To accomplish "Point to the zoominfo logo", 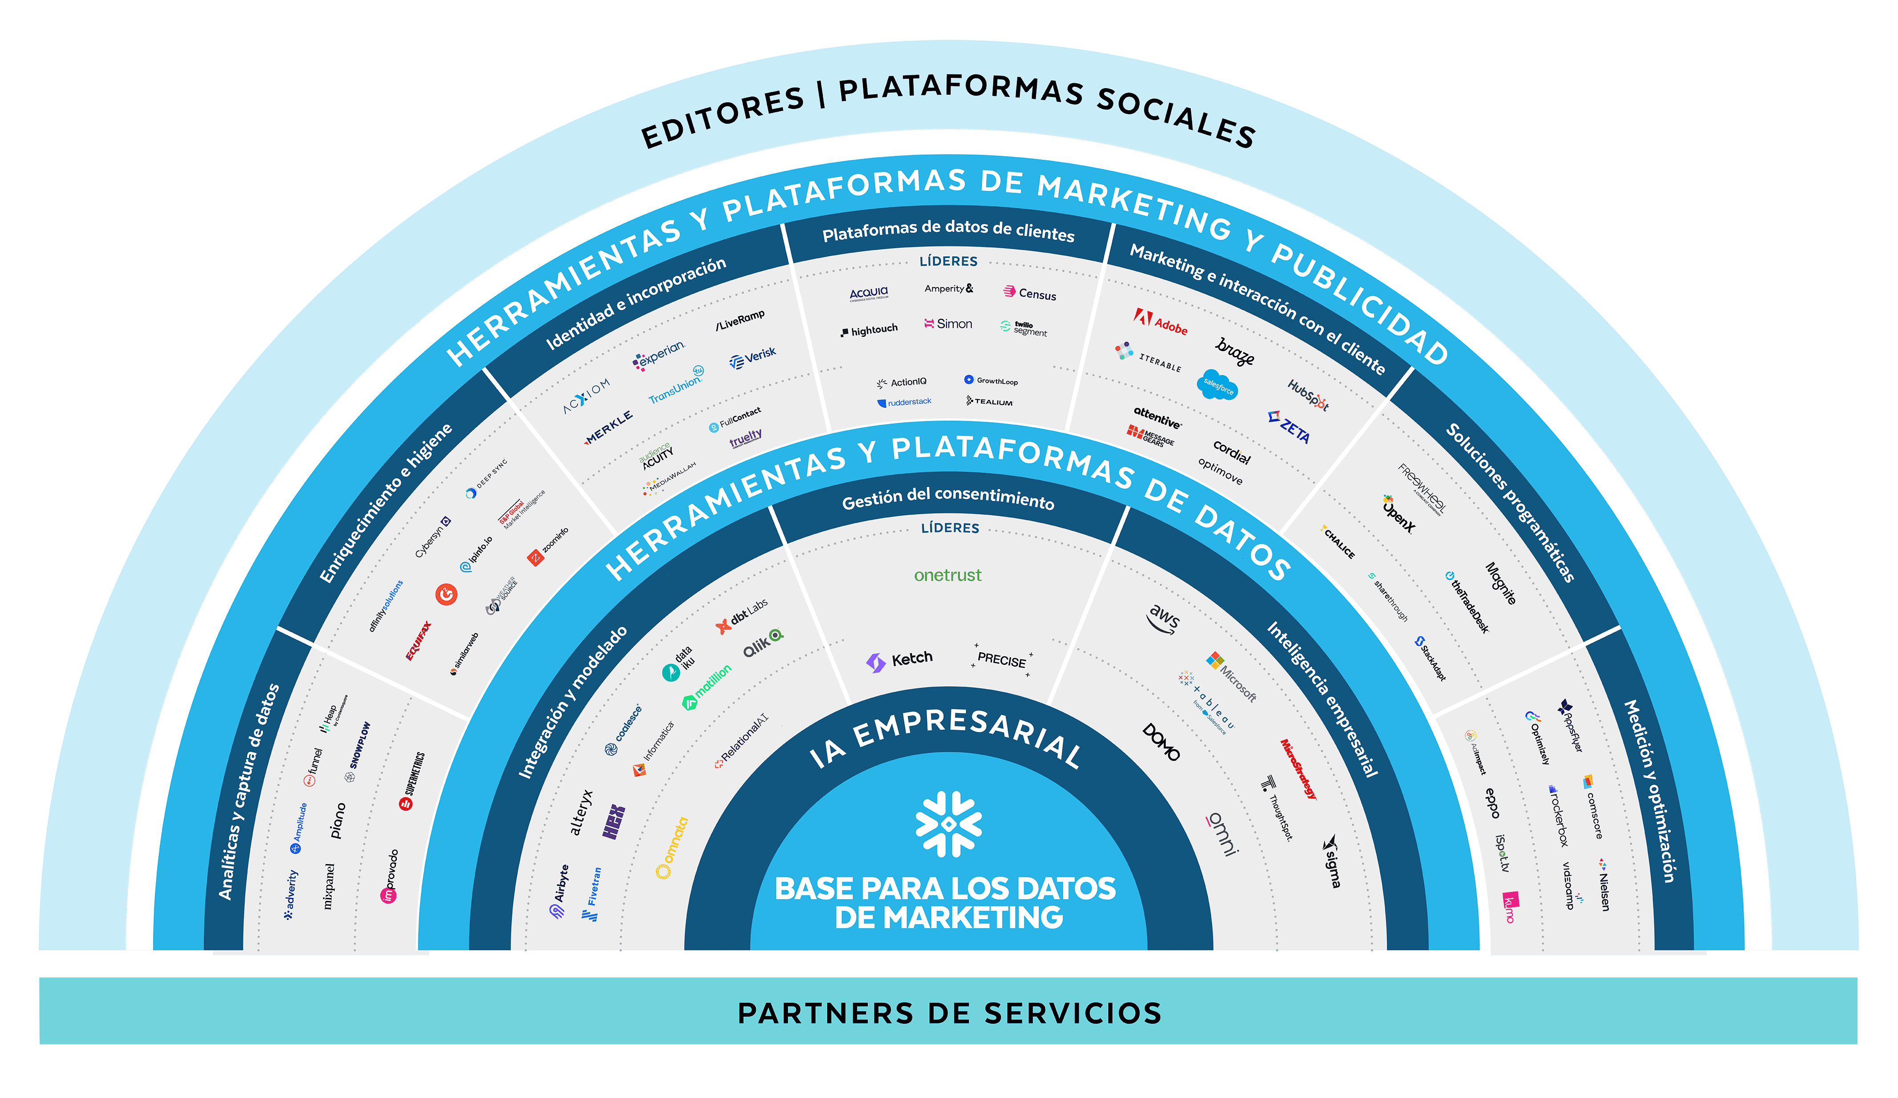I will pos(548,546).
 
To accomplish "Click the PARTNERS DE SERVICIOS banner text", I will pos(949,1013).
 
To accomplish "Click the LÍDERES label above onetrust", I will pos(950,528).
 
